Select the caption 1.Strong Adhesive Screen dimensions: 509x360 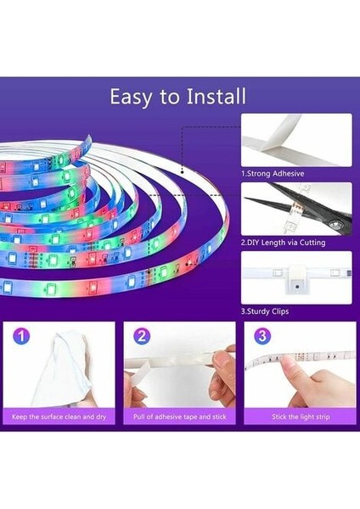coord(273,174)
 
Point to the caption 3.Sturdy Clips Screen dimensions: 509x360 coord(265,311)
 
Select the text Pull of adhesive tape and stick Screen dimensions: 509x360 coord(179,417)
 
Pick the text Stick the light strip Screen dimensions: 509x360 coord(300,417)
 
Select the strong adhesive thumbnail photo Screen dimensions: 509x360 coord(295,141)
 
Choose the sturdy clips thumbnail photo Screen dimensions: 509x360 coord(295,277)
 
